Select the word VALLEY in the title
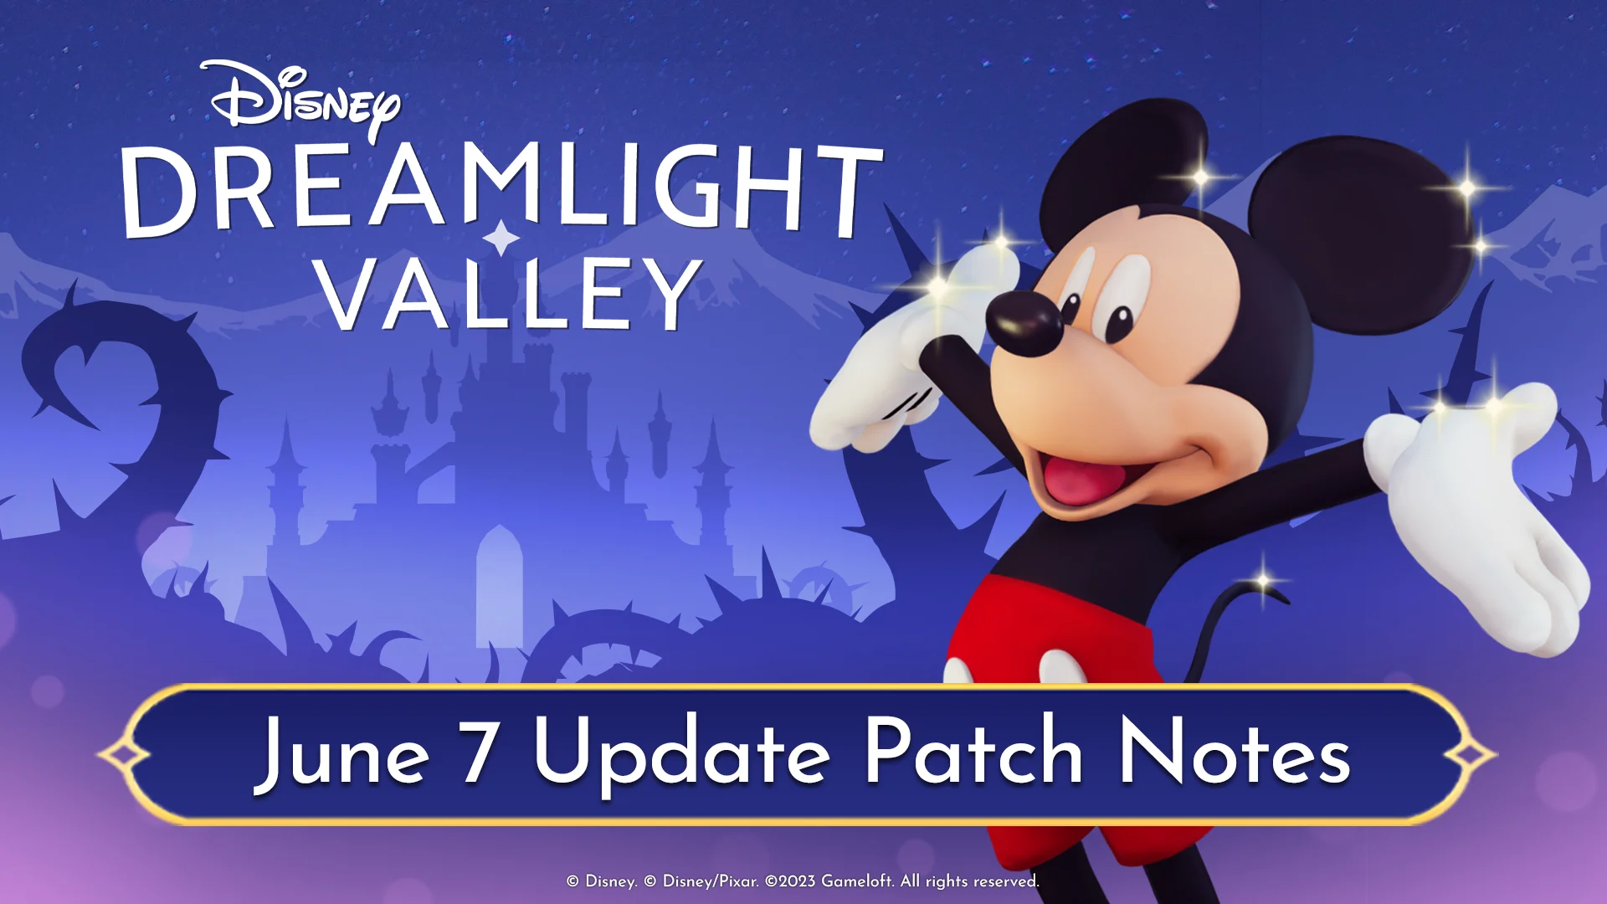click(510, 293)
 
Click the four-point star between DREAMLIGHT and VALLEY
click(501, 238)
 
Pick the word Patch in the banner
click(973, 749)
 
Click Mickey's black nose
click(1024, 323)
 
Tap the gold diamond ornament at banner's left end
click(124, 755)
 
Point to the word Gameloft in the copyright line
click(857, 881)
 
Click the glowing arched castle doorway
click(499, 586)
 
